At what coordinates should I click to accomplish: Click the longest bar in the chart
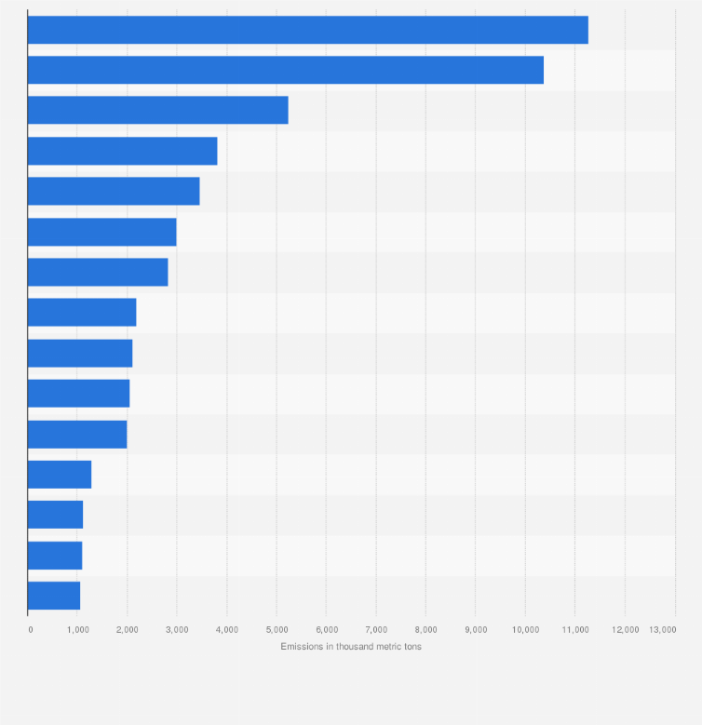(307, 30)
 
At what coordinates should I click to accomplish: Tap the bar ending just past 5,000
(157, 110)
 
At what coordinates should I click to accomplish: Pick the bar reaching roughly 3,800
(122, 151)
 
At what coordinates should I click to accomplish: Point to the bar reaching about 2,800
(98, 272)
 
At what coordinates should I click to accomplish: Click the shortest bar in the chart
(54, 596)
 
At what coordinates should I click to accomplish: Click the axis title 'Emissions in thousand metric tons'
(351, 647)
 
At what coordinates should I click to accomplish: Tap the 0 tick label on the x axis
(30, 630)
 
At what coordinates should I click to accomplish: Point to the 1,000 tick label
(78, 630)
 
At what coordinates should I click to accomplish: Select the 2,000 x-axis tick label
(128, 630)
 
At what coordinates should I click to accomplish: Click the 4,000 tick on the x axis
(227, 630)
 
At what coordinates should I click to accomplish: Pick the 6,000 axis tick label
(326, 630)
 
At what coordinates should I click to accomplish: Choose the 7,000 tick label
(376, 630)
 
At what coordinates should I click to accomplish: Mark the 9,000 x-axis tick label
(475, 630)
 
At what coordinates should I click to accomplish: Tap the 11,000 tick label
(574, 630)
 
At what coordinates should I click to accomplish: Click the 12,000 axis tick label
(625, 630)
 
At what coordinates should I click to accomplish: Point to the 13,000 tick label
(663, 630)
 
